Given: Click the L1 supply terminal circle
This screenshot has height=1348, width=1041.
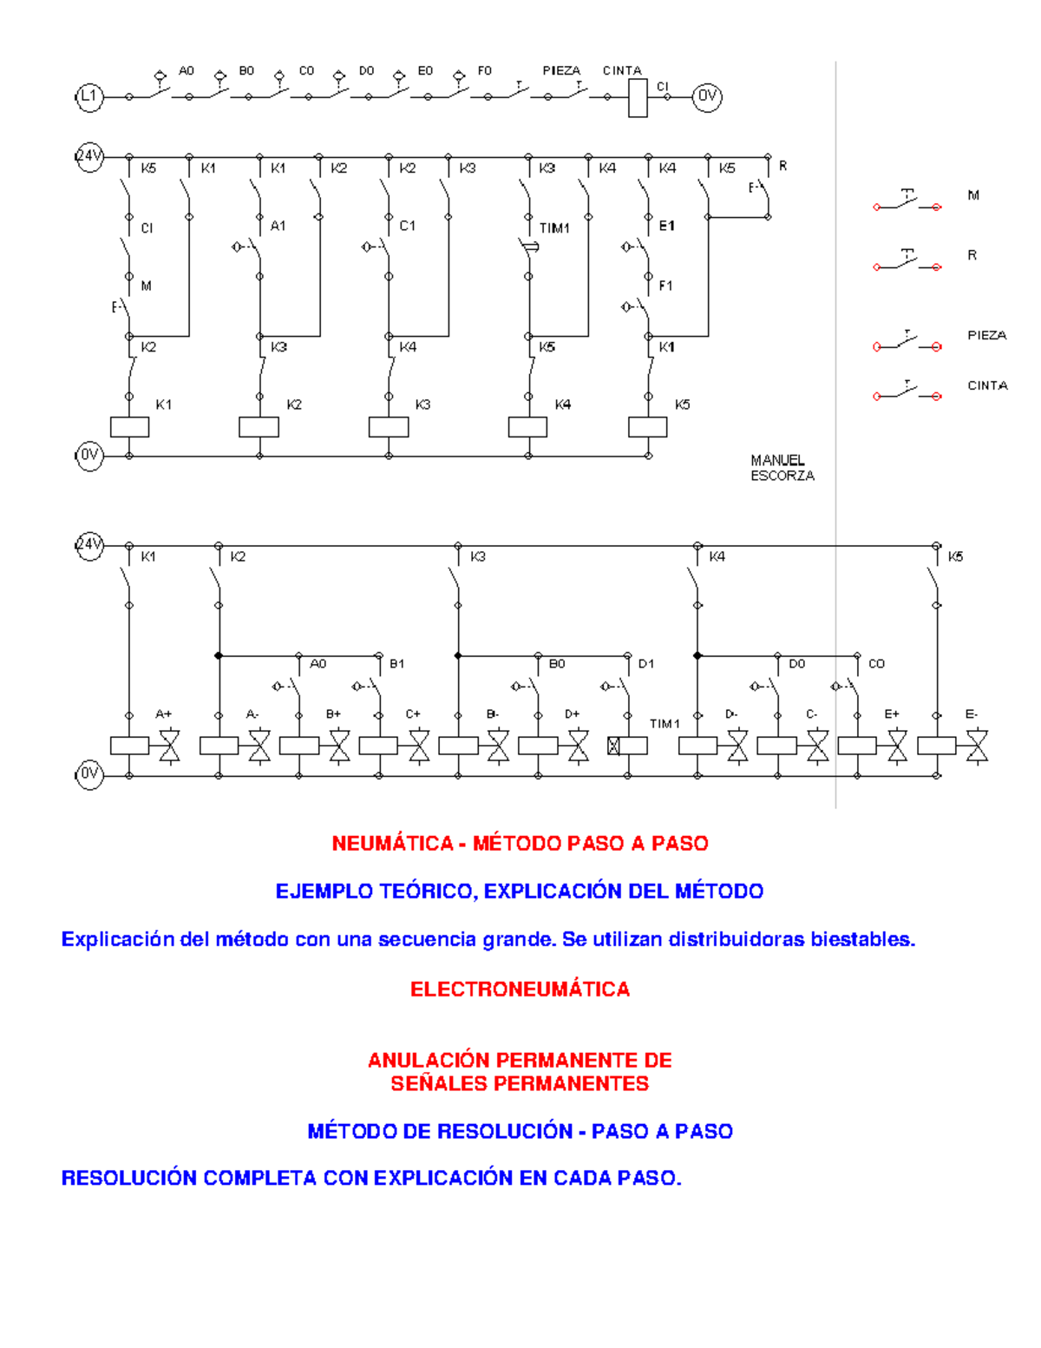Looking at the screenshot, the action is coord(89,96).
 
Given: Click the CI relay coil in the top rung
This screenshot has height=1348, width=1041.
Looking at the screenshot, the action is coord(638,98).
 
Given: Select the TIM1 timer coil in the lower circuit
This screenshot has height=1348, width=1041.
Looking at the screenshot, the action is coord(627,746).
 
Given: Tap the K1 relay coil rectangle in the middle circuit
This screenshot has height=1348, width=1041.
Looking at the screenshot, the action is coord(129,427).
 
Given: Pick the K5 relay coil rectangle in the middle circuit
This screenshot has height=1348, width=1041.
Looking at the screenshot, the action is coord(648,427).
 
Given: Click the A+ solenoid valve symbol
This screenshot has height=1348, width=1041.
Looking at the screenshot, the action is coord(169,746).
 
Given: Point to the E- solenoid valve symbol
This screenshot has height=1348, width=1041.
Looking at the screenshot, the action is coord(977,746).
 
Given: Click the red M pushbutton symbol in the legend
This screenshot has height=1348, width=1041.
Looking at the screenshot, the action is coord(907,201).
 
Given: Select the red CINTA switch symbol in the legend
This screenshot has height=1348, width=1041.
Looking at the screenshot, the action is coord(907,391).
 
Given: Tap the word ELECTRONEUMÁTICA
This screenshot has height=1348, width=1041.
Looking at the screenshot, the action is coord(520,989).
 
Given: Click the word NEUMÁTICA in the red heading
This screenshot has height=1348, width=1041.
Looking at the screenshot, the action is coord(392,844).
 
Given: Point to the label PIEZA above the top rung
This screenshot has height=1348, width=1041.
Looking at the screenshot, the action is coord(561,70).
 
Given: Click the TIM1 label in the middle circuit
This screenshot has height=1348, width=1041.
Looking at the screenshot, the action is coord(554,228).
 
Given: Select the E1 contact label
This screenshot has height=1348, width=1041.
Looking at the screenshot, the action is coord(666,227).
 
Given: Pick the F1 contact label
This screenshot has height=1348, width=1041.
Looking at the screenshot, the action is coord(666,286).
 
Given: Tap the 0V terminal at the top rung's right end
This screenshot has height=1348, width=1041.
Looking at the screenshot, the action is coord(707,96).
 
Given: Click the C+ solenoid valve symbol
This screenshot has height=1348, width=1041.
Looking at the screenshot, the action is coord(419,746).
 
